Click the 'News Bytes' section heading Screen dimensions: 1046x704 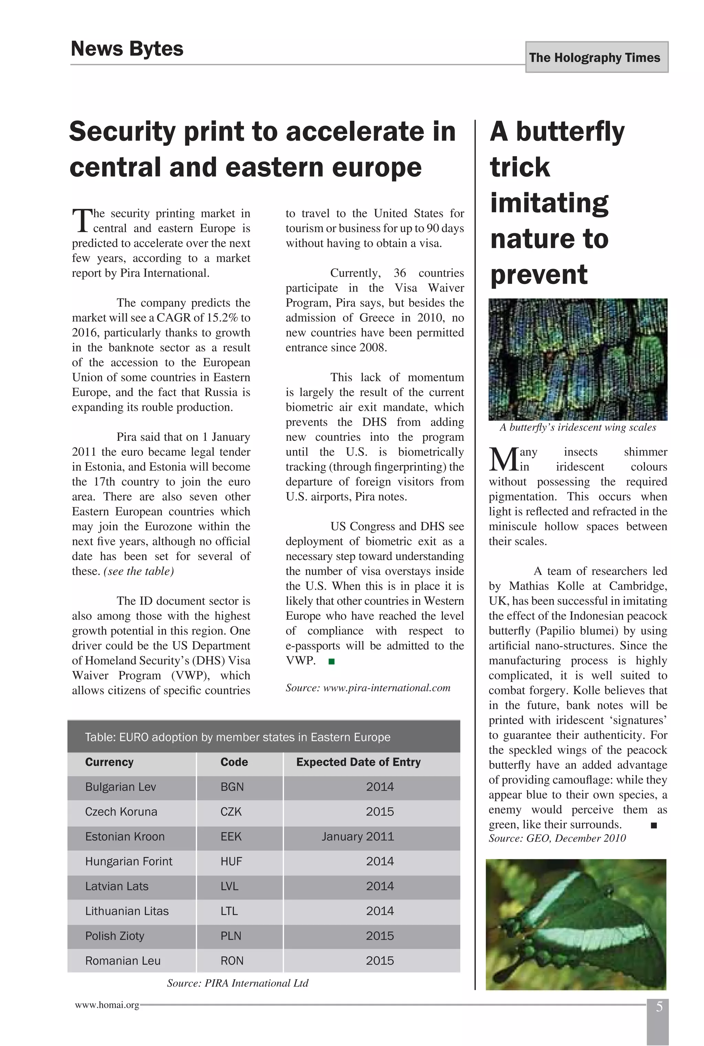(x=127, y=48)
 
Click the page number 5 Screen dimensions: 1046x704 (x=659, y=1007)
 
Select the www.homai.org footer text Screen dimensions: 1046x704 (x=107, y=1005)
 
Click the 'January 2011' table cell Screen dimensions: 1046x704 (x=357, y=837)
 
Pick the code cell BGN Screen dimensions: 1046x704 (x=232, y=787)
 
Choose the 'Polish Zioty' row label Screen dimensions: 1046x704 (x=114, y=936)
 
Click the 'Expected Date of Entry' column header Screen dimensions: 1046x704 (x=358, y=762)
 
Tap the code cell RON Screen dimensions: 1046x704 (x=232, y=961)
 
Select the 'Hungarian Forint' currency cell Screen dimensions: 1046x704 (x=129, y=861)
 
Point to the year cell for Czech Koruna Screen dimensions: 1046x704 (x=379, y=811)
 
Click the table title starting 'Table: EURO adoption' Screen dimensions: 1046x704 (x=238, y=737)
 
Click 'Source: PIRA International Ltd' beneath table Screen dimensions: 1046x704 (x=238, y=983)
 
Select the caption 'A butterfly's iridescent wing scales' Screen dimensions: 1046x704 (x=577, y=427)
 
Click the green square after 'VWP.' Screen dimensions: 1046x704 (x=331, y=662)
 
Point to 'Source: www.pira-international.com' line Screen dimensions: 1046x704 (x=368, y=688)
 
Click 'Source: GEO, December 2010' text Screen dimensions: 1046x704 (x=557, y=838)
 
